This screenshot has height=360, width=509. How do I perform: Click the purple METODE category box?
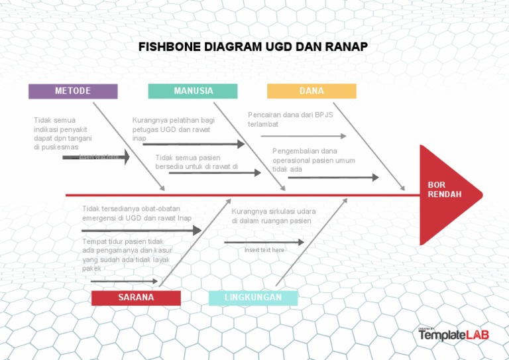(x=73, y=91)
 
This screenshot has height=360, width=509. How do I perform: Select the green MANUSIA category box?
(x=193, y=91)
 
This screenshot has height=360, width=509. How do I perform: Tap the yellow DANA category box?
(x=311, y=91)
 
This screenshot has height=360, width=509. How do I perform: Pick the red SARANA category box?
(x=136, y=298)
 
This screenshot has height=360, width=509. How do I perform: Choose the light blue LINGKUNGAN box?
(x=253, y=298)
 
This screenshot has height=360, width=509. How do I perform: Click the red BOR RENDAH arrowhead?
(x=447, y=194)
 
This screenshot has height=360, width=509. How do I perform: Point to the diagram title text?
(x=253, y=47)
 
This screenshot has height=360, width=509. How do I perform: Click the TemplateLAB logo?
(x=453, y=335)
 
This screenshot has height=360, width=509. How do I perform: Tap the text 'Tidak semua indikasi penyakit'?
(x=63, y=133)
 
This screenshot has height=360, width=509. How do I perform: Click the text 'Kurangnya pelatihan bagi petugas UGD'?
(x=174, y=129)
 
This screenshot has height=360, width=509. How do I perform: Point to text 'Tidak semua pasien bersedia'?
(x=196, y=162)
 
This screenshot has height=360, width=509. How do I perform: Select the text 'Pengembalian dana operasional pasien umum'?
(x=313, y=160)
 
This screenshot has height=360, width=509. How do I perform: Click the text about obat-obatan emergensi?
(x=137, y=213)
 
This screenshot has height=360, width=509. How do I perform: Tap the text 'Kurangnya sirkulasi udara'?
(x=274, y=215)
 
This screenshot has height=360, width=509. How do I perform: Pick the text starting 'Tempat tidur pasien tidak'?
(x=127, y=255)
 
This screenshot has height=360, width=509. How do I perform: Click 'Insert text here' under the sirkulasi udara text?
(x=264, y=250)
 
